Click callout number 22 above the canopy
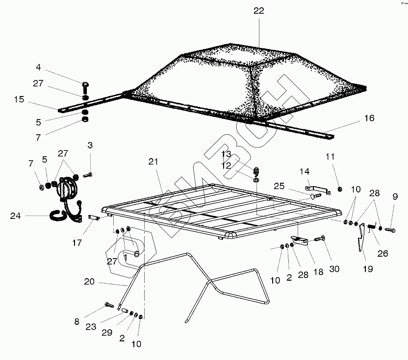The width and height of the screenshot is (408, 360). (x=259, y=11)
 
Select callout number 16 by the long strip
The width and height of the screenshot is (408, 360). (x=369, y=118)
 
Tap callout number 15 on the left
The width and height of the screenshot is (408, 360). (x=19, y=99)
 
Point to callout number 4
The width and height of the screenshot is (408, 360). (x=38, y=68)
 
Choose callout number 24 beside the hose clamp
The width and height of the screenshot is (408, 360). (x=15, y=215)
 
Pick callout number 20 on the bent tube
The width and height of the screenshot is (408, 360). (x=89, y=282)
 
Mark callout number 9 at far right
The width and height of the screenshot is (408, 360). (x=395, y=197)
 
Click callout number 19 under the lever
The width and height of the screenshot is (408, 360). (x=367, y=268)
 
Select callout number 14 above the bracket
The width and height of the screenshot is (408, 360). (x=305, y=172)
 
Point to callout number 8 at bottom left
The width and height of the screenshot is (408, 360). (x=76, y=322)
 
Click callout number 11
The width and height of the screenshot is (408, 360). (x=330, y=157)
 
